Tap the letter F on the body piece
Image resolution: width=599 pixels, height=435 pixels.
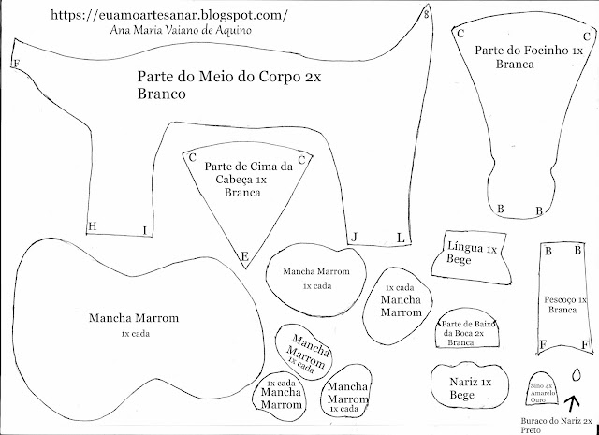coord(16,64)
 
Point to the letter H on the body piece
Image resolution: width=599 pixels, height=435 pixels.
coord(92,226)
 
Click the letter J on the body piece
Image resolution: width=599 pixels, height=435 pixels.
coord(354,238)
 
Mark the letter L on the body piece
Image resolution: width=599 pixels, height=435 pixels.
coord(400,238)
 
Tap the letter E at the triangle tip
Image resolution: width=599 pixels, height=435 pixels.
coord(244,256)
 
